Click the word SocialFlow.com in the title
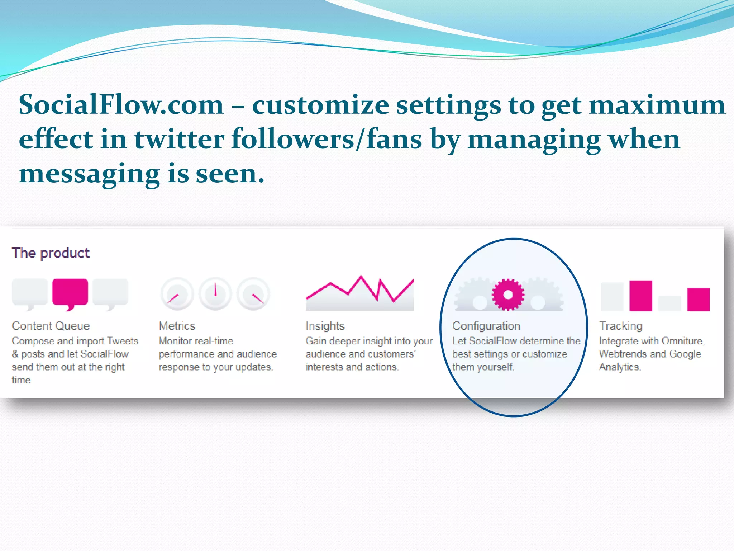(x=121, y=105)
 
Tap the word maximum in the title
(x=657, y=105)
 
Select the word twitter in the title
(x=179, y=139)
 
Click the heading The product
(x=51, y=253)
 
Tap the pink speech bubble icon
(x=70, y=292)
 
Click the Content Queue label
(x=51, y=326)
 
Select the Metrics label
(x=177, y=326)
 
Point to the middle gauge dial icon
(x=215, y=293)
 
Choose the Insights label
(x=325, y=326)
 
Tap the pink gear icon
(x=508, y=295)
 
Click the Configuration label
(x=486, y=326)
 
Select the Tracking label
(x=621, y=326)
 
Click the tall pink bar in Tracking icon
(x=641, y=296)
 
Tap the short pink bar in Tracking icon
(x=698, y=299)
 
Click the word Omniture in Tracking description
(x=682, y=341)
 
